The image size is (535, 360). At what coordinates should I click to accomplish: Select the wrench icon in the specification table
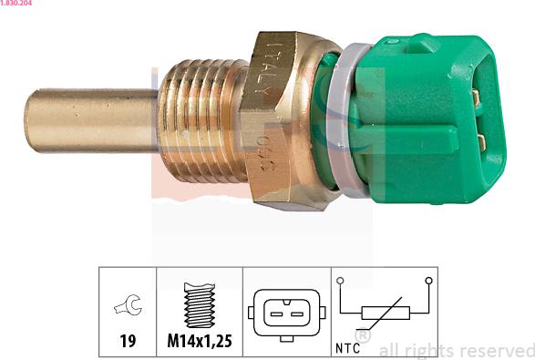(128, 307)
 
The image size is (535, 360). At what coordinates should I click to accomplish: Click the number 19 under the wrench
(128, 342)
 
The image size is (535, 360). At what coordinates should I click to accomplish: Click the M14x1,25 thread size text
(199, 342)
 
